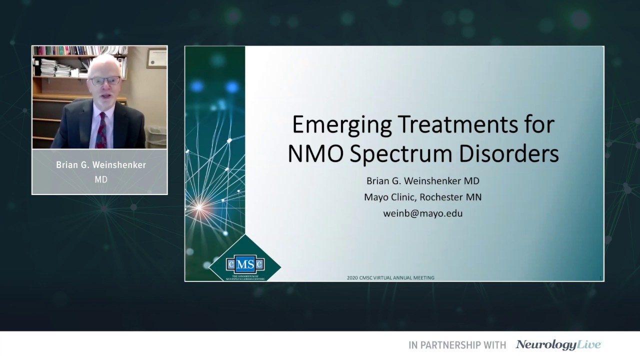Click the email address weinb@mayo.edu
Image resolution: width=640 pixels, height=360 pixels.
pos(422,213)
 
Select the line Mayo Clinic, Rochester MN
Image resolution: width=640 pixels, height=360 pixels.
pos(422,197)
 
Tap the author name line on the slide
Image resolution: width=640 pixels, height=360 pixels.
pos(422,181)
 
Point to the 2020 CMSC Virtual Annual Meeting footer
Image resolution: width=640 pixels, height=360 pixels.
pos(390,277)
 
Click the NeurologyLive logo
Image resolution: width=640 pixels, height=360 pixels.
pos(558,344)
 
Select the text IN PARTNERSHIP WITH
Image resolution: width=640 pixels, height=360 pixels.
pos(457,345)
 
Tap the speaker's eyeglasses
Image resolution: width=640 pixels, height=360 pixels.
pos(104,81)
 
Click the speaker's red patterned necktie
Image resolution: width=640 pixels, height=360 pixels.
pos(102,130)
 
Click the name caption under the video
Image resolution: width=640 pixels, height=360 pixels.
pos(101,165)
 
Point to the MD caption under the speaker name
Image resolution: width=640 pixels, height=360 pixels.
pos(101,179)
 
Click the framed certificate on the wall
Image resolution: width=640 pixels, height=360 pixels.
pos(156,58)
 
